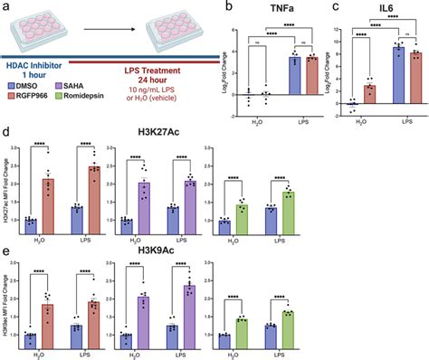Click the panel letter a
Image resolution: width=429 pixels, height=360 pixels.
pos(6,7)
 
